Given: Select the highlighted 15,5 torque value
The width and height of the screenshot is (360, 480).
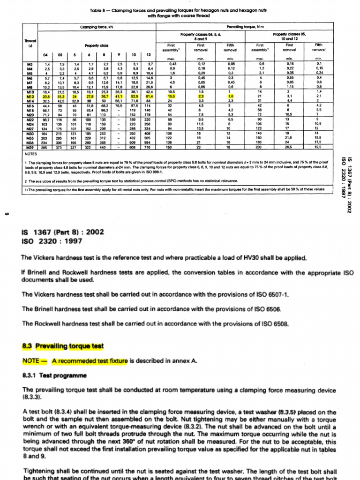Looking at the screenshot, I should tap(171, 97).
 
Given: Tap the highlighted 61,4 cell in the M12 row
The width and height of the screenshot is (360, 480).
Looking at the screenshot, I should tap(149, 97).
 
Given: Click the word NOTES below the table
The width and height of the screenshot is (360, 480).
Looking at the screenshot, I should tap(30, 153).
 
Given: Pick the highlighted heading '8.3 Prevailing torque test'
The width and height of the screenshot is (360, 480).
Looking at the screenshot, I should tap(62, 346).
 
